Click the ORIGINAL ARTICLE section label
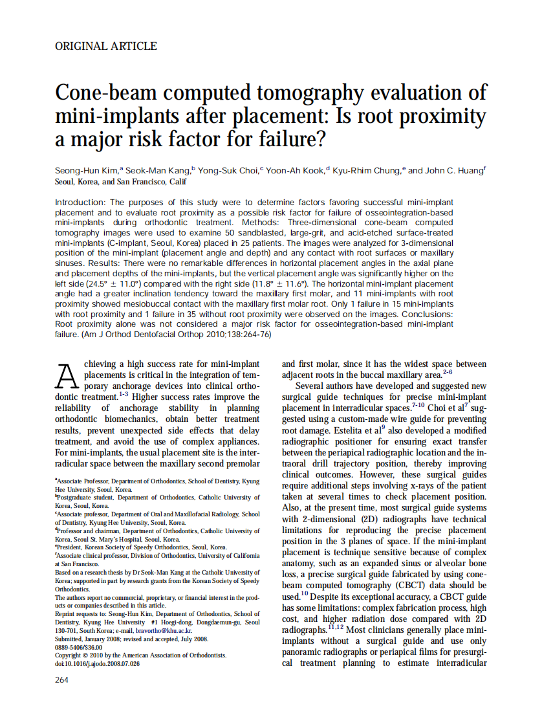106,46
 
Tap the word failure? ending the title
287,139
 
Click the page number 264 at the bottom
62,679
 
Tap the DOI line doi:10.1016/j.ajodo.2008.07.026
97,663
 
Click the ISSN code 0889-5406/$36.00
79,646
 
